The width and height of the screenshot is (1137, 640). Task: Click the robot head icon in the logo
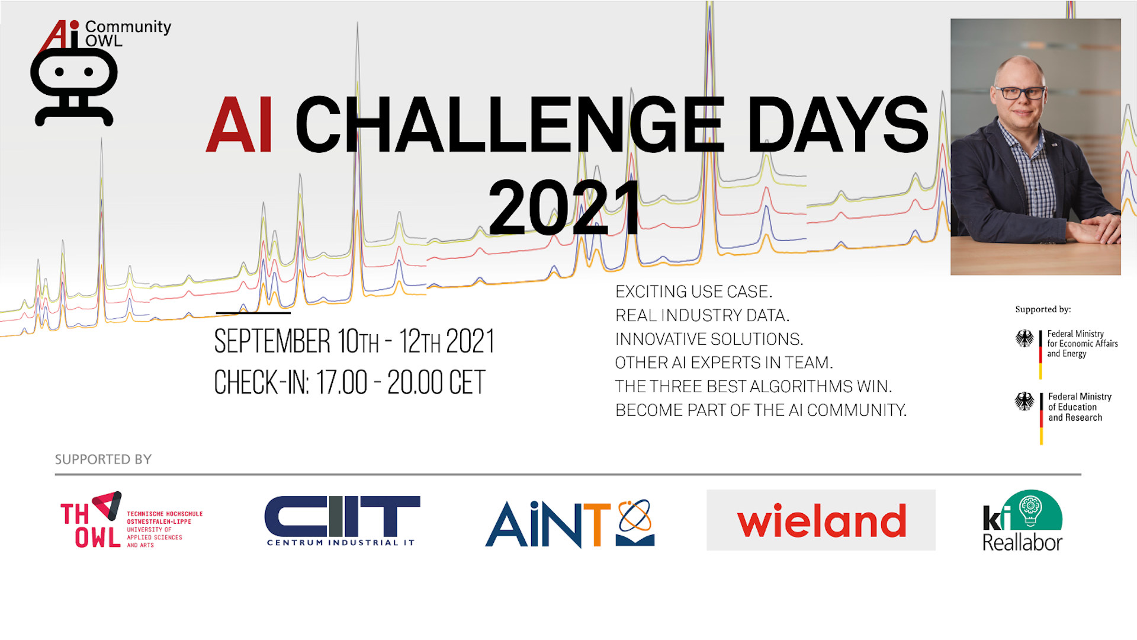tap(74, 87)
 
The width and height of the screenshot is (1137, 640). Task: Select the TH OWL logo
tap(131, 520)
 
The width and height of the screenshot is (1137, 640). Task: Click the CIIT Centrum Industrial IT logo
tap(342, 521)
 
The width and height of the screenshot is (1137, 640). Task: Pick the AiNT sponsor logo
tap(570, 523)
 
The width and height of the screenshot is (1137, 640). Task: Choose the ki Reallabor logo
tap(1023, 521)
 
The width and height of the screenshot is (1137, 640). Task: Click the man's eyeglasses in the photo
tap(1021, 93)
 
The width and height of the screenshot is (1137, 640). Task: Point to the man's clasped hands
tap(1096, 228)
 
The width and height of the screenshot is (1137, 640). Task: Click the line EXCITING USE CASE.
tap(693, 292)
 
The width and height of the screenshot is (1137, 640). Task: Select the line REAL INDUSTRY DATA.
tap(702, 315)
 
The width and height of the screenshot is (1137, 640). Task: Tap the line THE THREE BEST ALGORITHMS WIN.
tap(753, 386)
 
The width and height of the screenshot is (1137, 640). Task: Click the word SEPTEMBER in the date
tap(272, 341)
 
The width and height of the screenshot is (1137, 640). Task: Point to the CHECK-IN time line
tap(349, 382)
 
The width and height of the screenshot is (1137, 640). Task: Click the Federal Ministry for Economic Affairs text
tap(1082, 344)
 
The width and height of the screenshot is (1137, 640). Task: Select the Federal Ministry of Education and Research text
tap(1080, 407)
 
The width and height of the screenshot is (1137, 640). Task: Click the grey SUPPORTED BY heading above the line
tap(103, 459)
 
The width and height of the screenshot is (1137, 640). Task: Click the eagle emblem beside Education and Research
tap(1024, 401)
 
